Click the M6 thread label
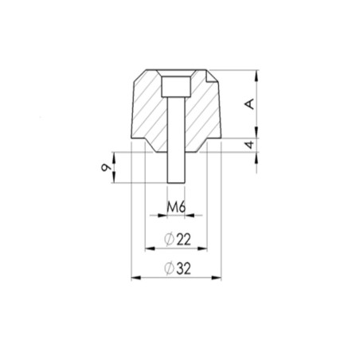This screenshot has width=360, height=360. (x=176, y=207)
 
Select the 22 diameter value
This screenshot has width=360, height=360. (x=183, y=240)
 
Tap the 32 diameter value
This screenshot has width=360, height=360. (x=183, y=268)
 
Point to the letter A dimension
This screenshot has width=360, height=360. (x=250, y=104)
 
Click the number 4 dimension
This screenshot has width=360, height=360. (x=250, y=145)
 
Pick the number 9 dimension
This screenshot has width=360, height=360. (x=106, y=167)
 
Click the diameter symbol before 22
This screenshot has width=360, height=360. (x=169, y=239)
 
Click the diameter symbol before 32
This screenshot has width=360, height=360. (x=169, y=268)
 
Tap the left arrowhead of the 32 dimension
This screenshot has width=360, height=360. (x=136, y=278)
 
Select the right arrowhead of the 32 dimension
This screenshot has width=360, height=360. (x=217, y=278)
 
